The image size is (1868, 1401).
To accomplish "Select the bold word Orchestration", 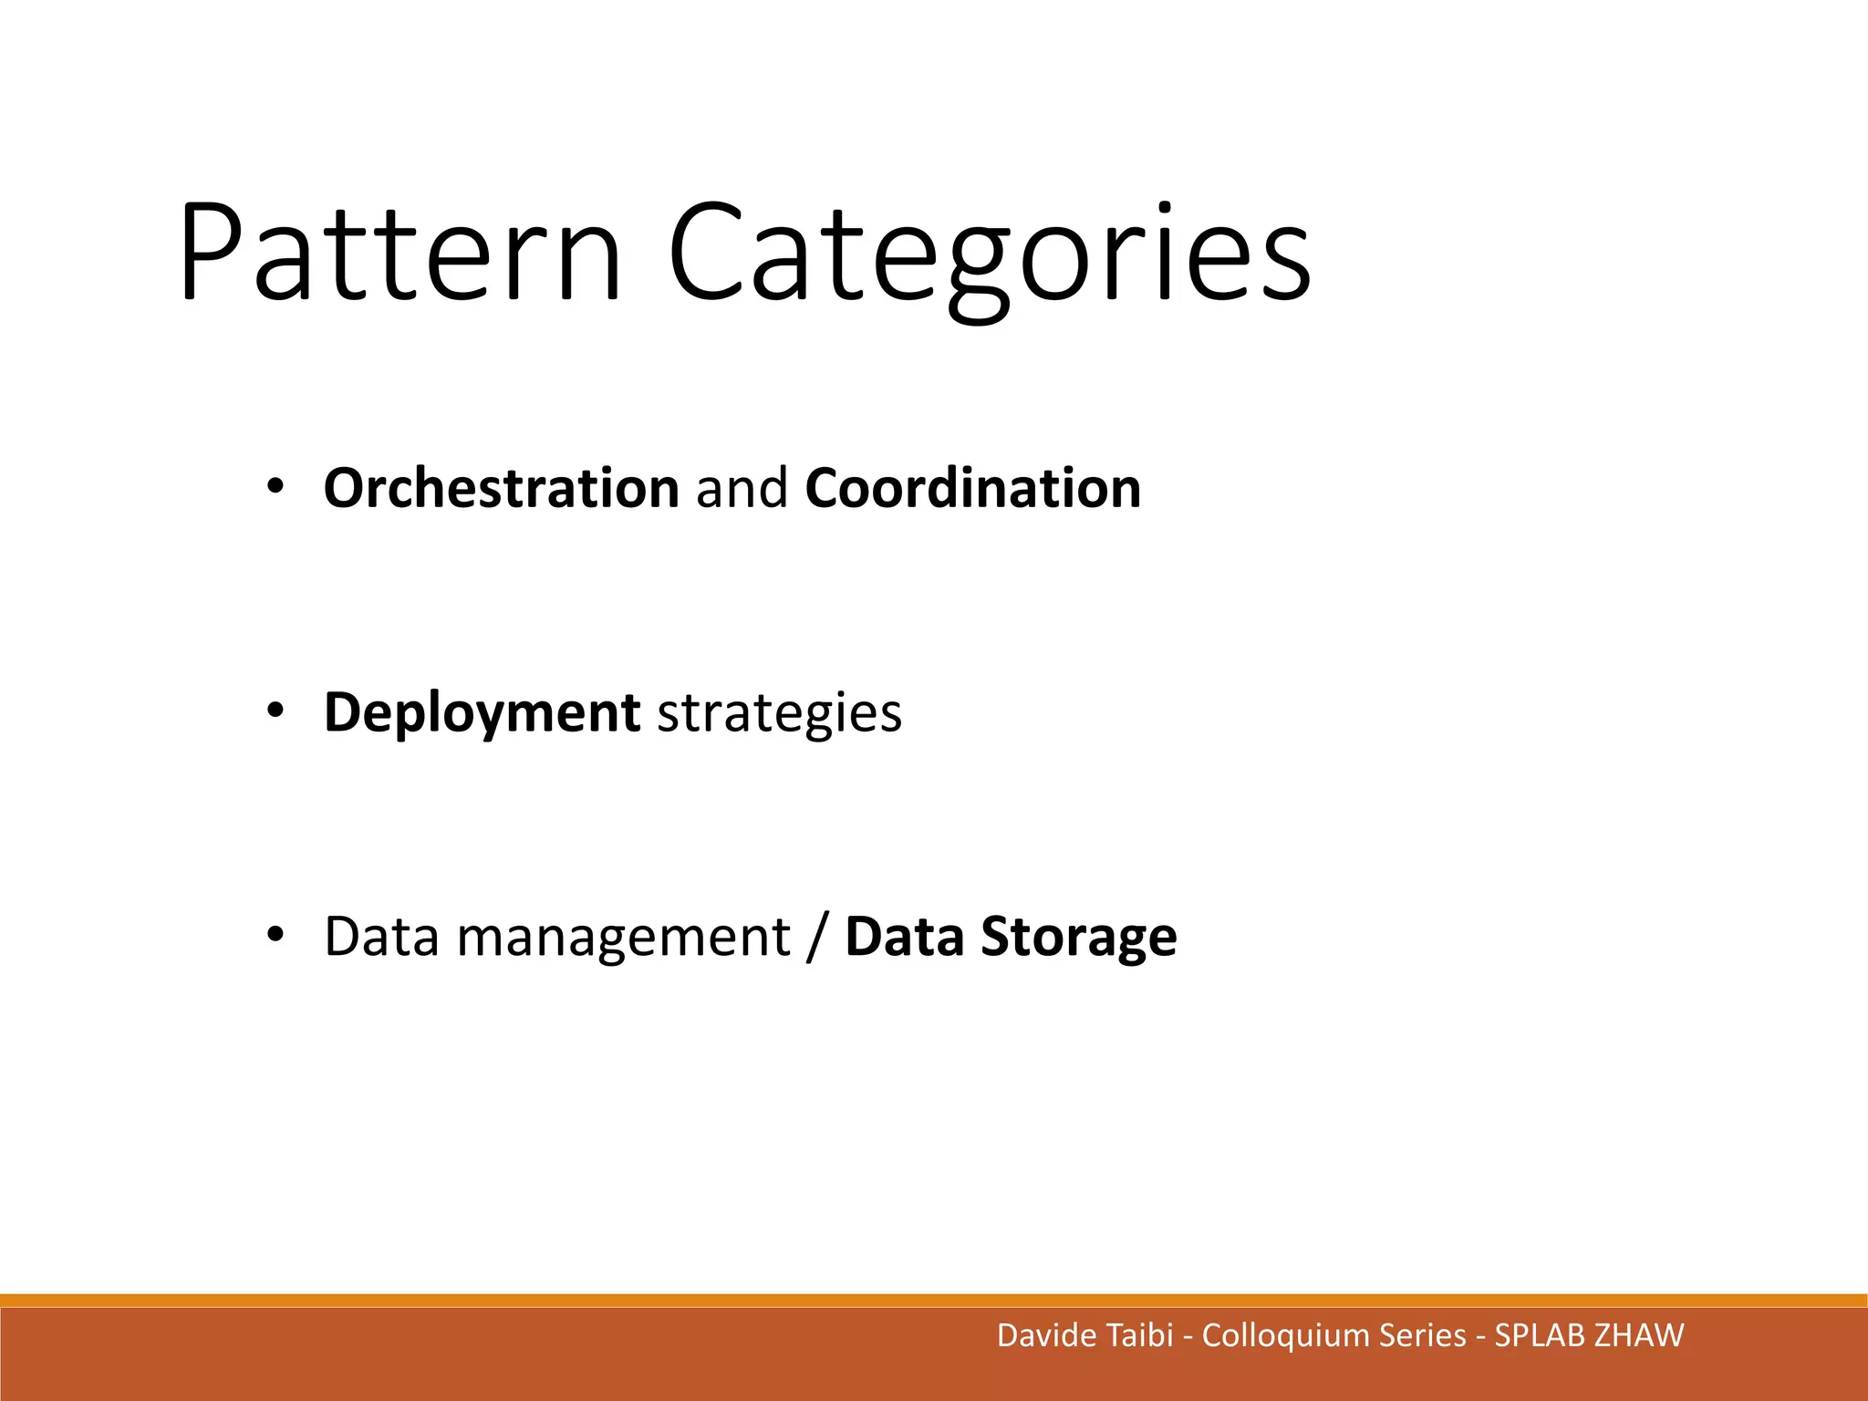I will tap(501, 489).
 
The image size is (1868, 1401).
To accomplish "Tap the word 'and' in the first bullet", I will tap(742, 489).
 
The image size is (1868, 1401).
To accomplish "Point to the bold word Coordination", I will tap(972, 489).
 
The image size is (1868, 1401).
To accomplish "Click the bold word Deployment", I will tap(482, 713).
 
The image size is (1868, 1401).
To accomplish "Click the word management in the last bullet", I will tap(623, 938).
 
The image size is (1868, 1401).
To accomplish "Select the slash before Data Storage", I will tap(817, 938).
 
